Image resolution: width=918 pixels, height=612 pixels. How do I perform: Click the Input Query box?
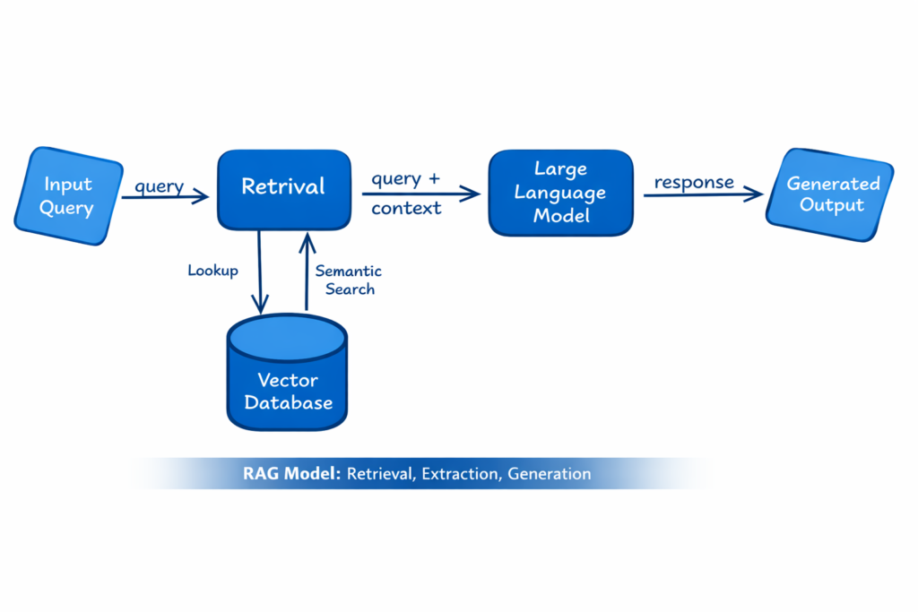click(x=69, y=196)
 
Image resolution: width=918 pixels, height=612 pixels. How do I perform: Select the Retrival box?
click(x=283, y=188)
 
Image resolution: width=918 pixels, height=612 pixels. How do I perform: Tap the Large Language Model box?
click(x=560, y=193)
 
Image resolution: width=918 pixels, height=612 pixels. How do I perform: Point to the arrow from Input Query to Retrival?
click(x=166, y=197)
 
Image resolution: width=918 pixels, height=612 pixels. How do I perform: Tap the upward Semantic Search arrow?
click(x=307, y=269)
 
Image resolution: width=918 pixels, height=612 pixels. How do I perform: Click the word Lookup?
click(x=212, y=270)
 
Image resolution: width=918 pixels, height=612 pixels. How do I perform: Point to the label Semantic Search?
click(x=349, y=280)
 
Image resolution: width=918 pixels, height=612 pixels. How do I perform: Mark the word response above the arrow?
click(x=694, y=182)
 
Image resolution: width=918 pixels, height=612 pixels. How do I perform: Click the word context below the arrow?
click(x=407, y=208)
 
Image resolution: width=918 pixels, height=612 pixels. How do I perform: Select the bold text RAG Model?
click(x=291, y=474)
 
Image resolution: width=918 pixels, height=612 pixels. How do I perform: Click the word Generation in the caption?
click(x=549, y=474)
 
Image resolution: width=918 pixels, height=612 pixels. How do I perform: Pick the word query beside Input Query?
click(x=160, y=186)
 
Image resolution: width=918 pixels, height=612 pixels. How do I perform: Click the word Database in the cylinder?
click(x=288, y=402)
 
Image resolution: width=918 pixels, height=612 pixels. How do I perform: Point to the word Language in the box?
click(x=560, y=193)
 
